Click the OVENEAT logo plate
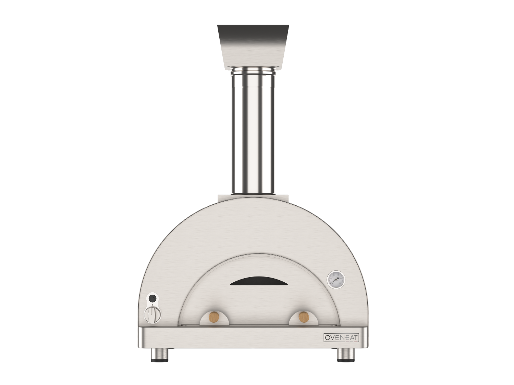tap(341, 338)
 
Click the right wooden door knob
tap(303, 317)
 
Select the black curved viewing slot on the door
tap(259, 281)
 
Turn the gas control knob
tap(152, 314)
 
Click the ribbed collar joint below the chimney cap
tap(253, 72)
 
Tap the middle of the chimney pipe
tap(253, 133)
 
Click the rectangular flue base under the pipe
tap(253, 198)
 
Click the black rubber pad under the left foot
tap(160, 360)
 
